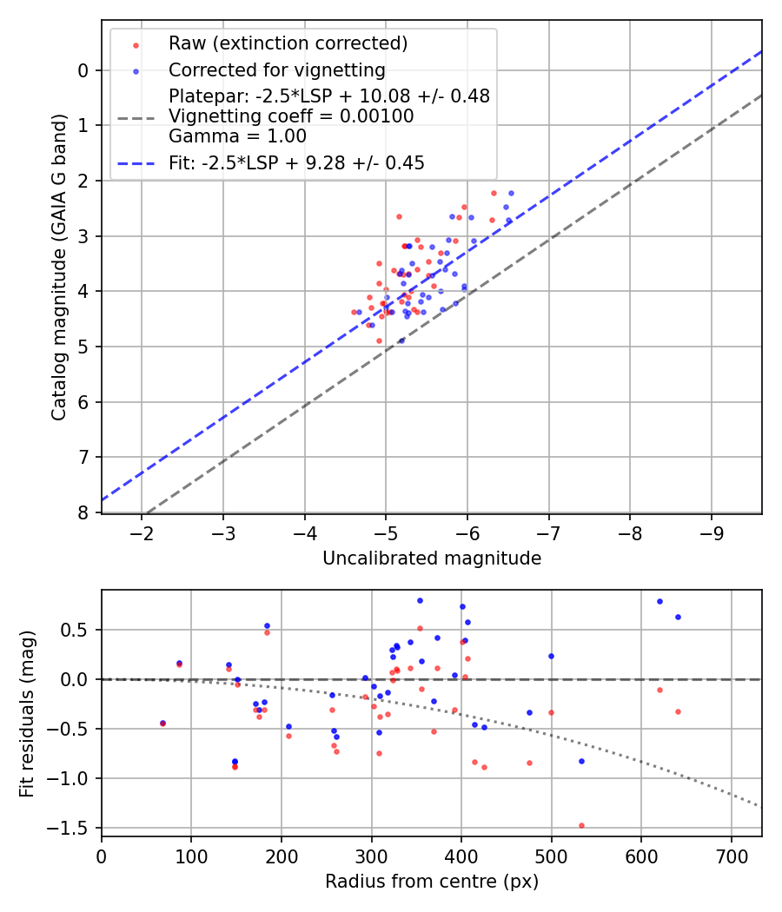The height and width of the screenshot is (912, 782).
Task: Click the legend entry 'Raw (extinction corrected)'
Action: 288,43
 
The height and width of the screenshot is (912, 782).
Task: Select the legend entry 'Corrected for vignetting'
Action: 276,70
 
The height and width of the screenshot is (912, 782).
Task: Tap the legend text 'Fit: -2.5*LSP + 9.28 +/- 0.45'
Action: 296,163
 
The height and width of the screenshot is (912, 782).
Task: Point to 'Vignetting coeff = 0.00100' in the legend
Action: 291,116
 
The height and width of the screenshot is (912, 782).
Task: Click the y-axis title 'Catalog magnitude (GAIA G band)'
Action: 58,268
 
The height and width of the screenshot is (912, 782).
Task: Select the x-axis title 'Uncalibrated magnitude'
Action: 432,558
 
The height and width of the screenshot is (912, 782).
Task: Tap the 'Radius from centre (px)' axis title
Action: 432,882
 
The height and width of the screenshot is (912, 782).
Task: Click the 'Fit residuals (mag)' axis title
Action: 27,713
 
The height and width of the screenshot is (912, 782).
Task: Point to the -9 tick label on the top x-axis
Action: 712,532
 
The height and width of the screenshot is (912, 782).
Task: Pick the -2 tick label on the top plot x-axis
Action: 142,532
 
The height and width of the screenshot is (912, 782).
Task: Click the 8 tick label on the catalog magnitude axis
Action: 83,512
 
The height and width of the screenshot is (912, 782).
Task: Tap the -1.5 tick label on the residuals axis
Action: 76,828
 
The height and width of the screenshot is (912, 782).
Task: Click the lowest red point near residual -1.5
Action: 581,825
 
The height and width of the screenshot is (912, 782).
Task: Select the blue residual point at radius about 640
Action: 678,617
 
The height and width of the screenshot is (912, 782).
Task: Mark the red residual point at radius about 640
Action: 678,711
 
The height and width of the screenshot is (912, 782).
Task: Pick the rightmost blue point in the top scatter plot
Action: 511,193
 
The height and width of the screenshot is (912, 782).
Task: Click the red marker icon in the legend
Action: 135,43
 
